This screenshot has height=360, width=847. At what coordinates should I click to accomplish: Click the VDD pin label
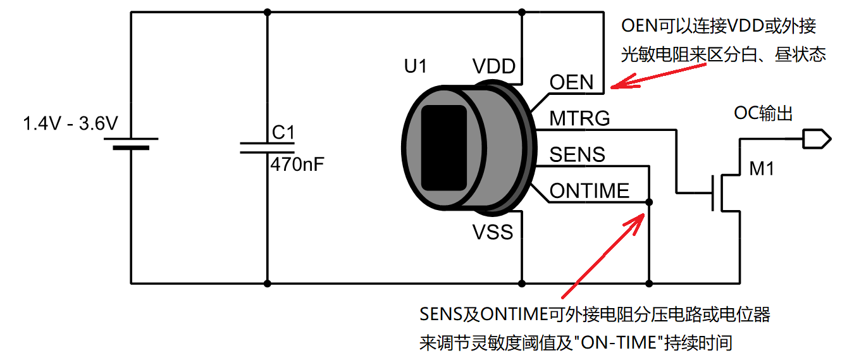494,66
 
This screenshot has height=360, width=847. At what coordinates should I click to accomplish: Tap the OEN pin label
571,82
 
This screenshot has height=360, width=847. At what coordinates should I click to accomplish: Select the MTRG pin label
579,118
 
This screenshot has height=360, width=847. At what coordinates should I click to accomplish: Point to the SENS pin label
577,154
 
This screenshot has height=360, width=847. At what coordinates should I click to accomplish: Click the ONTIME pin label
589,190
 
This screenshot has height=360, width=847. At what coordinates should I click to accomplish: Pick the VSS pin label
493,232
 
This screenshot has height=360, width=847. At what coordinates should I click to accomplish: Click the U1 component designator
415,66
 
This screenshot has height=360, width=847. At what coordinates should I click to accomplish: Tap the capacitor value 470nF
297,164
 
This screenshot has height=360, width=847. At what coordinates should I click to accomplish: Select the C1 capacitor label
283,132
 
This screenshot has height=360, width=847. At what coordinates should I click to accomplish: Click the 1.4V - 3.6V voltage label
71,123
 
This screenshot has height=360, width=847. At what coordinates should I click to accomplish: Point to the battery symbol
131,144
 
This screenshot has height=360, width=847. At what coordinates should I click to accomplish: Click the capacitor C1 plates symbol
268,148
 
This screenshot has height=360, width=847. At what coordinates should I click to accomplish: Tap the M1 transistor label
762,169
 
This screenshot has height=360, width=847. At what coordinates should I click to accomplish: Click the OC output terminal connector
817,139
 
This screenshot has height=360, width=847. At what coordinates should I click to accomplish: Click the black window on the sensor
444,148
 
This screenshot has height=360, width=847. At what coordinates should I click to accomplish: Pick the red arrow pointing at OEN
658,76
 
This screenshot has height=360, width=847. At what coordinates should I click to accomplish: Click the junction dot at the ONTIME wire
649,202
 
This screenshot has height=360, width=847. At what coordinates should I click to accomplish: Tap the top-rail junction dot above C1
268,12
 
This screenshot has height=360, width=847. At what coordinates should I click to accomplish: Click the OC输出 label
763,113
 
